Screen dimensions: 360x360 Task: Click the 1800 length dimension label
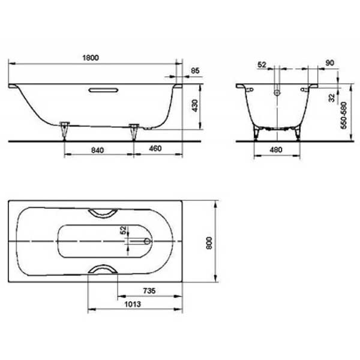(x=91, y=58)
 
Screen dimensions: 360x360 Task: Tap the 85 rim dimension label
(x=195, y=71)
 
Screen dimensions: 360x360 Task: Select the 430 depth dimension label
(x=194, y=106)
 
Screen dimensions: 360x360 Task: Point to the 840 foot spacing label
(x=98, y=150)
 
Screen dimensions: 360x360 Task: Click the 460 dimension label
(x=155, y=149)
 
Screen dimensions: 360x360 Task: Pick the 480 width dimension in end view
(x=276, y=149)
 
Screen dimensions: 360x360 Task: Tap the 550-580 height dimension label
(x=344, y=115)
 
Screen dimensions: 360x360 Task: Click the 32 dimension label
(x=332, y=98)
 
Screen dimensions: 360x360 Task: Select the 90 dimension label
(x=329, y=63)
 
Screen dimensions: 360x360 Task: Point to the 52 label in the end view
(x=262, y=65)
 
